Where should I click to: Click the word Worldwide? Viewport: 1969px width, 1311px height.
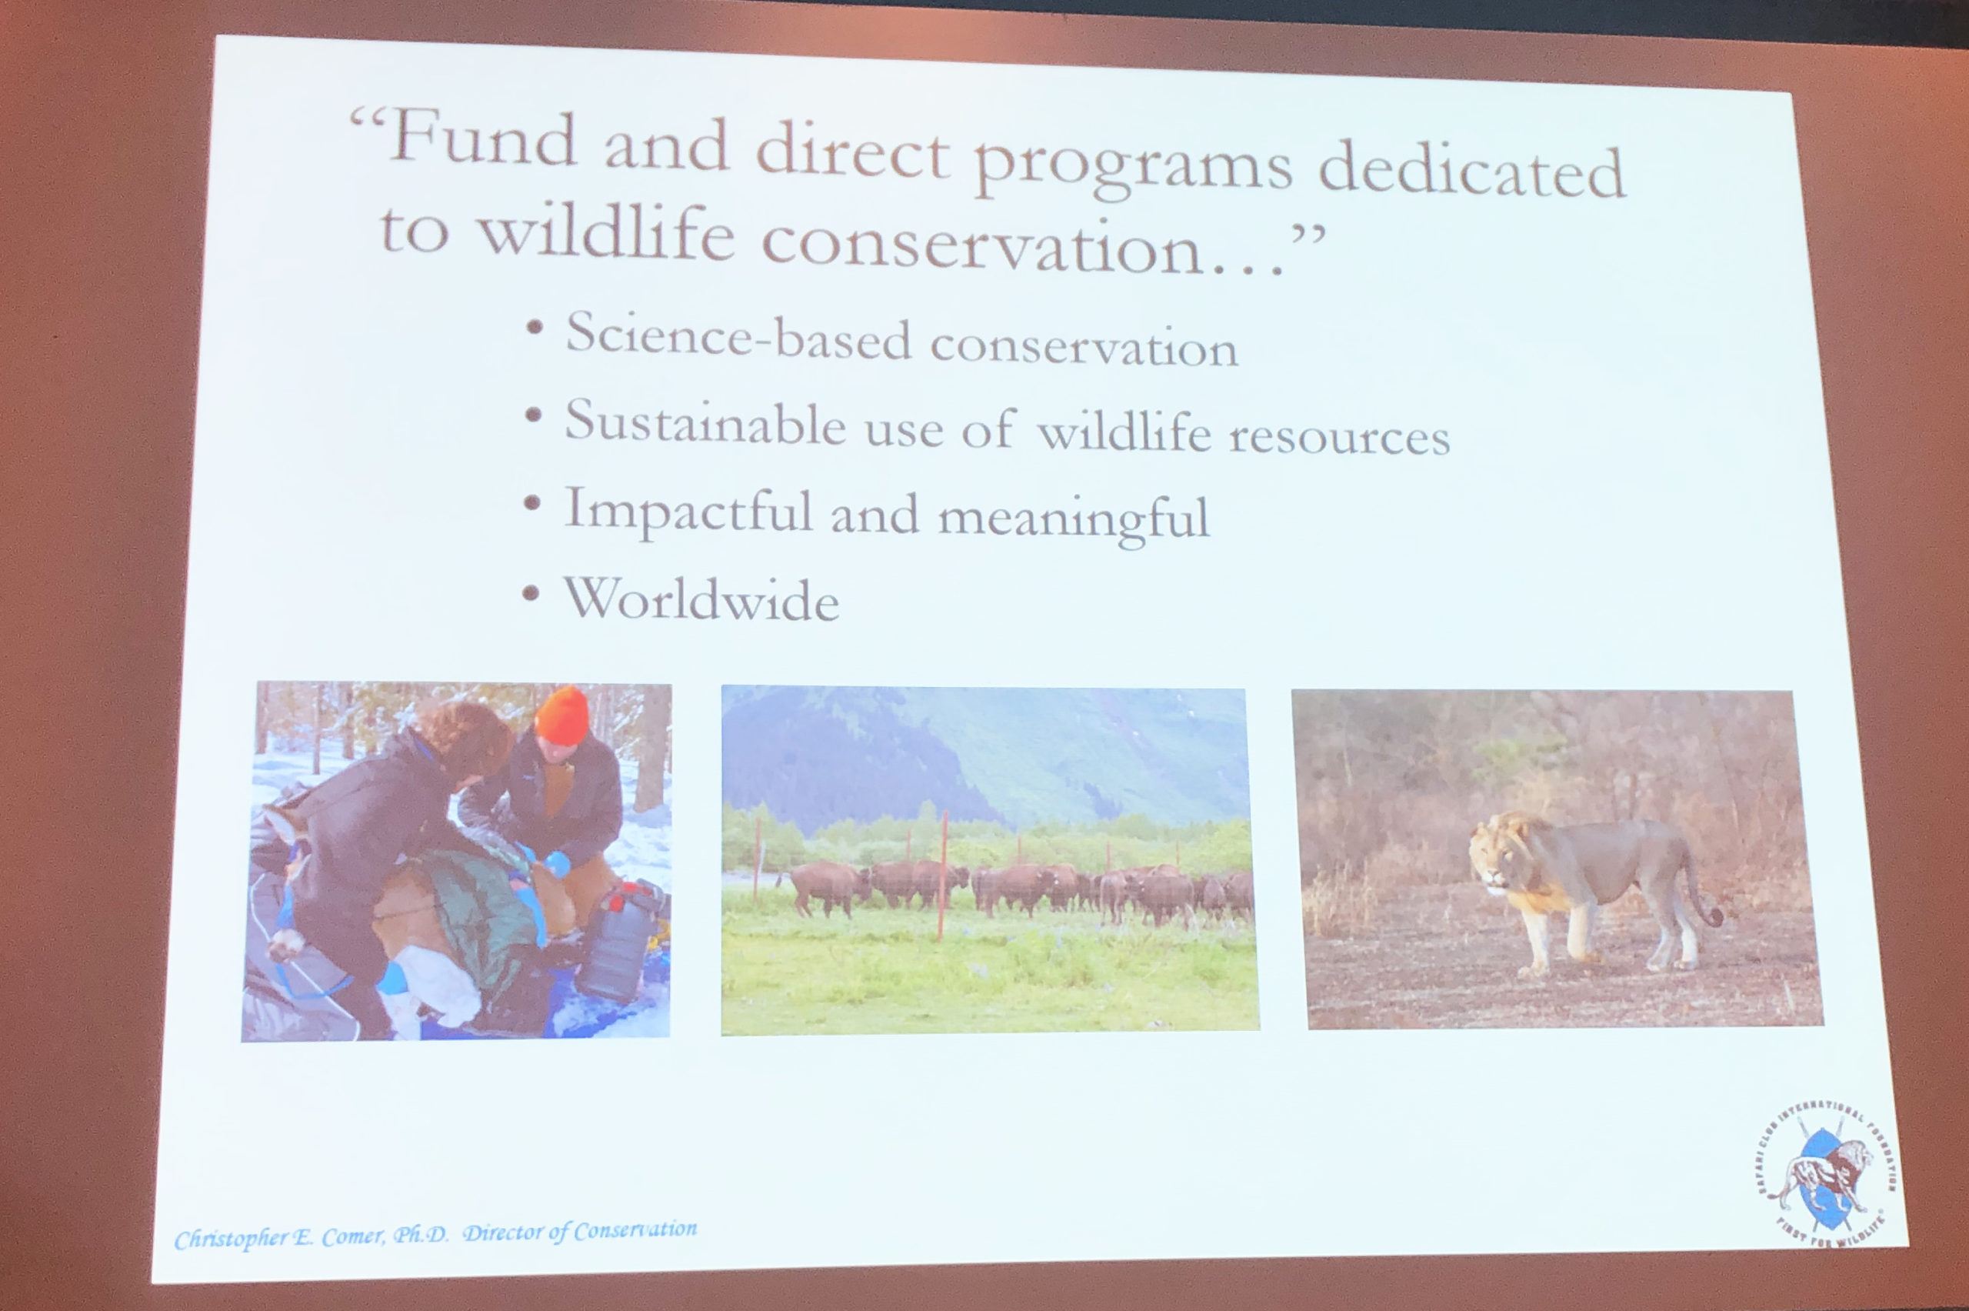pos(701,599)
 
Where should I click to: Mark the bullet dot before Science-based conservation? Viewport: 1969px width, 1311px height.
pos(533,327)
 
